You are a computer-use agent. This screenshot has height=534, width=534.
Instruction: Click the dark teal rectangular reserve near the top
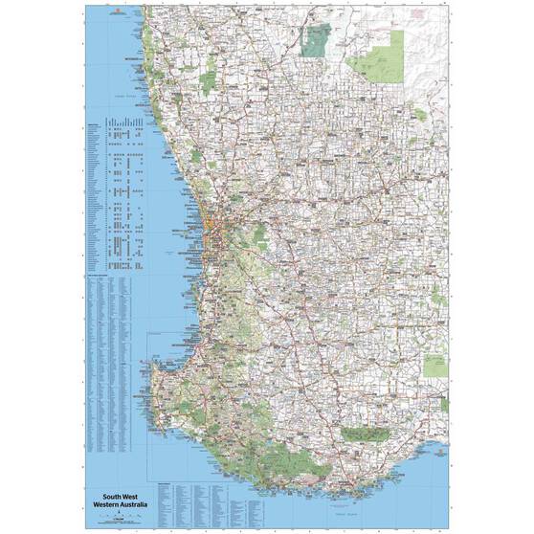click(x=316, y=39)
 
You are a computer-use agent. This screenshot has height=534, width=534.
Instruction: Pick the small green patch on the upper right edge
click(x=420, y=115)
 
